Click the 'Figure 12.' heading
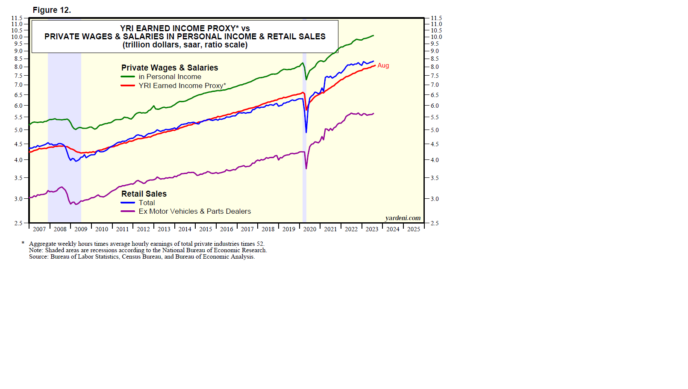[x=52, y=10]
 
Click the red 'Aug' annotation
[x=383, y=65]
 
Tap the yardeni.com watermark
[x=403, y=218]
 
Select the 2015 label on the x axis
[x=206, y=229]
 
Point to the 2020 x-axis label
[x=309, y=229]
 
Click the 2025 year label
[x=413, y=229]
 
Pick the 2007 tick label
[x=39, y=229]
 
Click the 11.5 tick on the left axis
[x=17, y=18]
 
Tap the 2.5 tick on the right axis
[x=434, y=223]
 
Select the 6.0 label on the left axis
[x=18, y=106]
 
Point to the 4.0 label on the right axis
[x=434, y=160]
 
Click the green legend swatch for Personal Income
[x=128, y=77]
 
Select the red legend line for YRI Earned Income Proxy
[x=128, y=85]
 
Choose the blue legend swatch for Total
[x=128, y=203]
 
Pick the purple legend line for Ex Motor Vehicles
[x=128, y=211]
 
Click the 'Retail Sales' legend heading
[x=144, y=194]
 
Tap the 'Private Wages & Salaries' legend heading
[x=170, y=68]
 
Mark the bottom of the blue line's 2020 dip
[x=306, y=132]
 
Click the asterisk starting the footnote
[x=23, y=243]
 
